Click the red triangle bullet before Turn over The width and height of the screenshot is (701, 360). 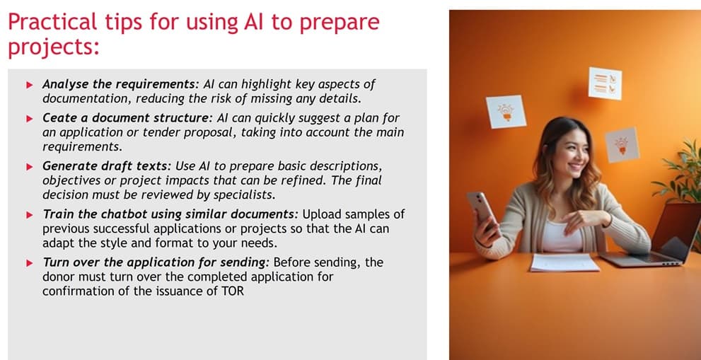29,262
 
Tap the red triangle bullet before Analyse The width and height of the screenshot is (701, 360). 29,85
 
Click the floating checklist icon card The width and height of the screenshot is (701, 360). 605,83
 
